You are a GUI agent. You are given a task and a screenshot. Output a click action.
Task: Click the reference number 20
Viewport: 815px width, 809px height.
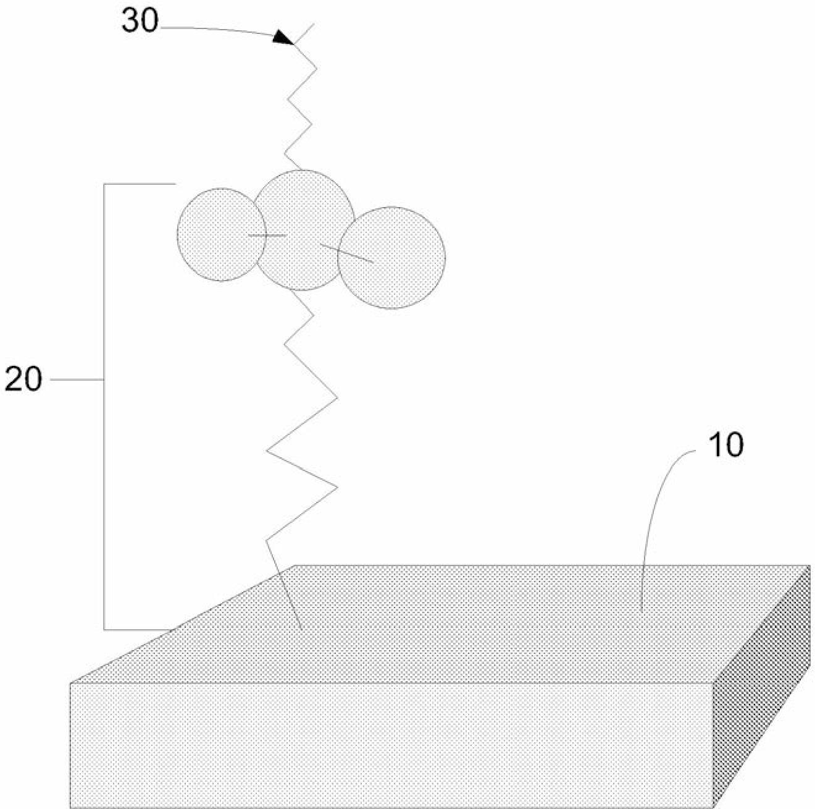click(x=23, y=379)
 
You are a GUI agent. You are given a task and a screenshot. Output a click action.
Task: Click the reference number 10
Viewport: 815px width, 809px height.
click(x=725, y=446)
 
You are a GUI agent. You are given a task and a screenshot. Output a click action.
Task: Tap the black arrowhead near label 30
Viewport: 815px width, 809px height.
click(x=283, y=37)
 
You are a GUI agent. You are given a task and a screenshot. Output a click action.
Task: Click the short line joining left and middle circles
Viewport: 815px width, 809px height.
click(x=267, y=235)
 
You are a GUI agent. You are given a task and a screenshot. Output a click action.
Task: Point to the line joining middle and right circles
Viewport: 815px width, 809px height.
click(x=346, y=253)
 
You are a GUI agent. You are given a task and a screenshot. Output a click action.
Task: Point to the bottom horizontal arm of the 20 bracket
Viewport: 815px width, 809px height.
click(x=139, y=629)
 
